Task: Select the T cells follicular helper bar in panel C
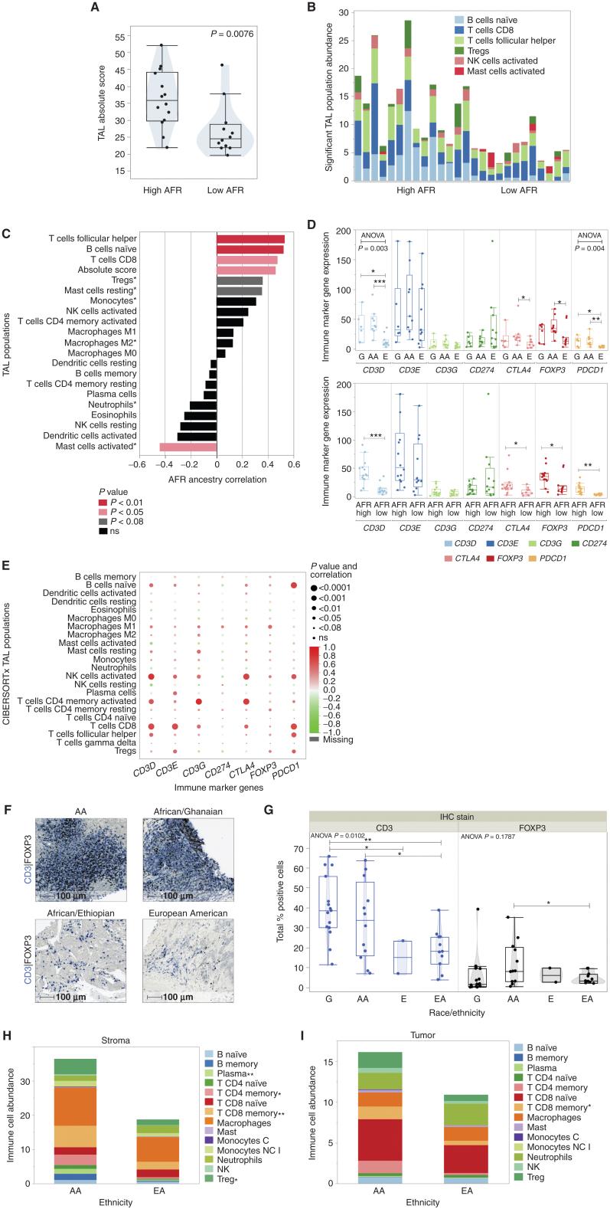point(250,240)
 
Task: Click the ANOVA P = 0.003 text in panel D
point(372,242)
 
